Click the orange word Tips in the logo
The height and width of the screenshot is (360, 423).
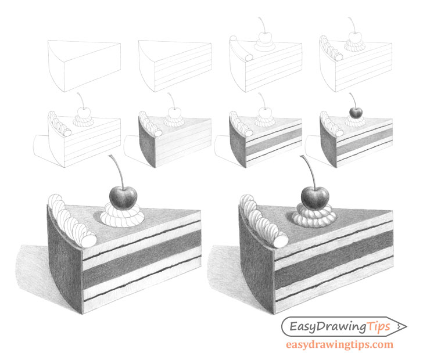[x=379, y=326]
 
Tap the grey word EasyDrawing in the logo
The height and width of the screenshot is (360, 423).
[x=328, y=327]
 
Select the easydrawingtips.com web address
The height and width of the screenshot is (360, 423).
[x=339, y=345]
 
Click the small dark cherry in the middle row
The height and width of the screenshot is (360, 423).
[x=356, y=113]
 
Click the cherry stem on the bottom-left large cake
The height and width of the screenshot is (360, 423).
[x=117, y=171]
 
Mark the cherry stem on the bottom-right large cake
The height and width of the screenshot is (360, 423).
[x=309, y=171]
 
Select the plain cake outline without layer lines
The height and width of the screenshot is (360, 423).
[x=84, y=66]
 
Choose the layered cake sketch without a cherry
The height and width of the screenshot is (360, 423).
[x=175, y=66]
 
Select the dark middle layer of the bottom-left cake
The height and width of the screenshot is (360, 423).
[x=142, y=259]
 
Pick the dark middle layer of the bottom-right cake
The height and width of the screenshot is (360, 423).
[x=334, y=259]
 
